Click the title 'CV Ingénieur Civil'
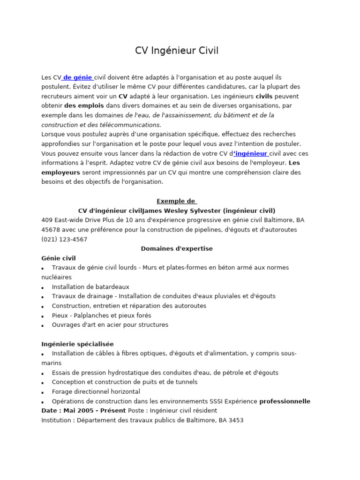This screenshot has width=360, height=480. click(177, 51)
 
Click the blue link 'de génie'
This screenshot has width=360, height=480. click(78, 77)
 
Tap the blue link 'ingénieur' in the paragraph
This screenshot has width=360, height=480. click(251, 153)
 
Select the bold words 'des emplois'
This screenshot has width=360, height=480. click(84, 106)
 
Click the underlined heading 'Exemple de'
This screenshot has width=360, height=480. click(177, 201)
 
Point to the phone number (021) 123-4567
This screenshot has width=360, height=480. click(64, 239)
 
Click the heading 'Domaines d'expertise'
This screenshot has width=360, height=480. click(177, 248)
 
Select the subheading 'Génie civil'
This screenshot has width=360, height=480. click(59, 258)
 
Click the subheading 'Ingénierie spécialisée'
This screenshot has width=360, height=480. click(77, 344)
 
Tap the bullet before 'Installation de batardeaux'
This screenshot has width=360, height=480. click(43, 287)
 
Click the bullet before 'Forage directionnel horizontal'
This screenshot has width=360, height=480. click(43, 392)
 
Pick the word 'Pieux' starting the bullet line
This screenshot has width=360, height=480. click(60, 315)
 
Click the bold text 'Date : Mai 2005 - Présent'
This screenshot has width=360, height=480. click(84, 411)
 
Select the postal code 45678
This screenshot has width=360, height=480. click(50, 230)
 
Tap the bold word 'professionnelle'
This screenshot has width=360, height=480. click(285, 401)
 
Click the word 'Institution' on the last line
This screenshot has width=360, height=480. click(57, 420)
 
